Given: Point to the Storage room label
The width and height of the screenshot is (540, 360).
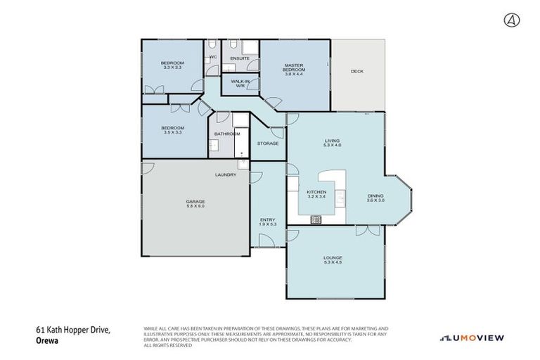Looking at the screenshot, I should point(267,143).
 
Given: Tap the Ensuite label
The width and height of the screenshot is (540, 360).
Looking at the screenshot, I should point(240,58).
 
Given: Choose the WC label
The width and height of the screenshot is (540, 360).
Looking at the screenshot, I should point(212,58).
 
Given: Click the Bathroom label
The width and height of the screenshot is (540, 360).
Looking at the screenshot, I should point(227,134).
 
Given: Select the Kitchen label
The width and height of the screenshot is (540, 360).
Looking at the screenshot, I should point(316,191).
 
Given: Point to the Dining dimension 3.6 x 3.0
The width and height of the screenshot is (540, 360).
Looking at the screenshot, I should point(376,200).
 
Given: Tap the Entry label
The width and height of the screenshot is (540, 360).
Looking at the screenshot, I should point(267,220).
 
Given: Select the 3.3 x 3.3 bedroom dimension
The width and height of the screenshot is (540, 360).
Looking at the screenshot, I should point(172,67).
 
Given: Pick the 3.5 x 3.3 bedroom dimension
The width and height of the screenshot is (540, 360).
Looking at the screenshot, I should point(172,132).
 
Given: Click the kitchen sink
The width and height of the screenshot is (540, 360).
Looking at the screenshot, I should point(316,219).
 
